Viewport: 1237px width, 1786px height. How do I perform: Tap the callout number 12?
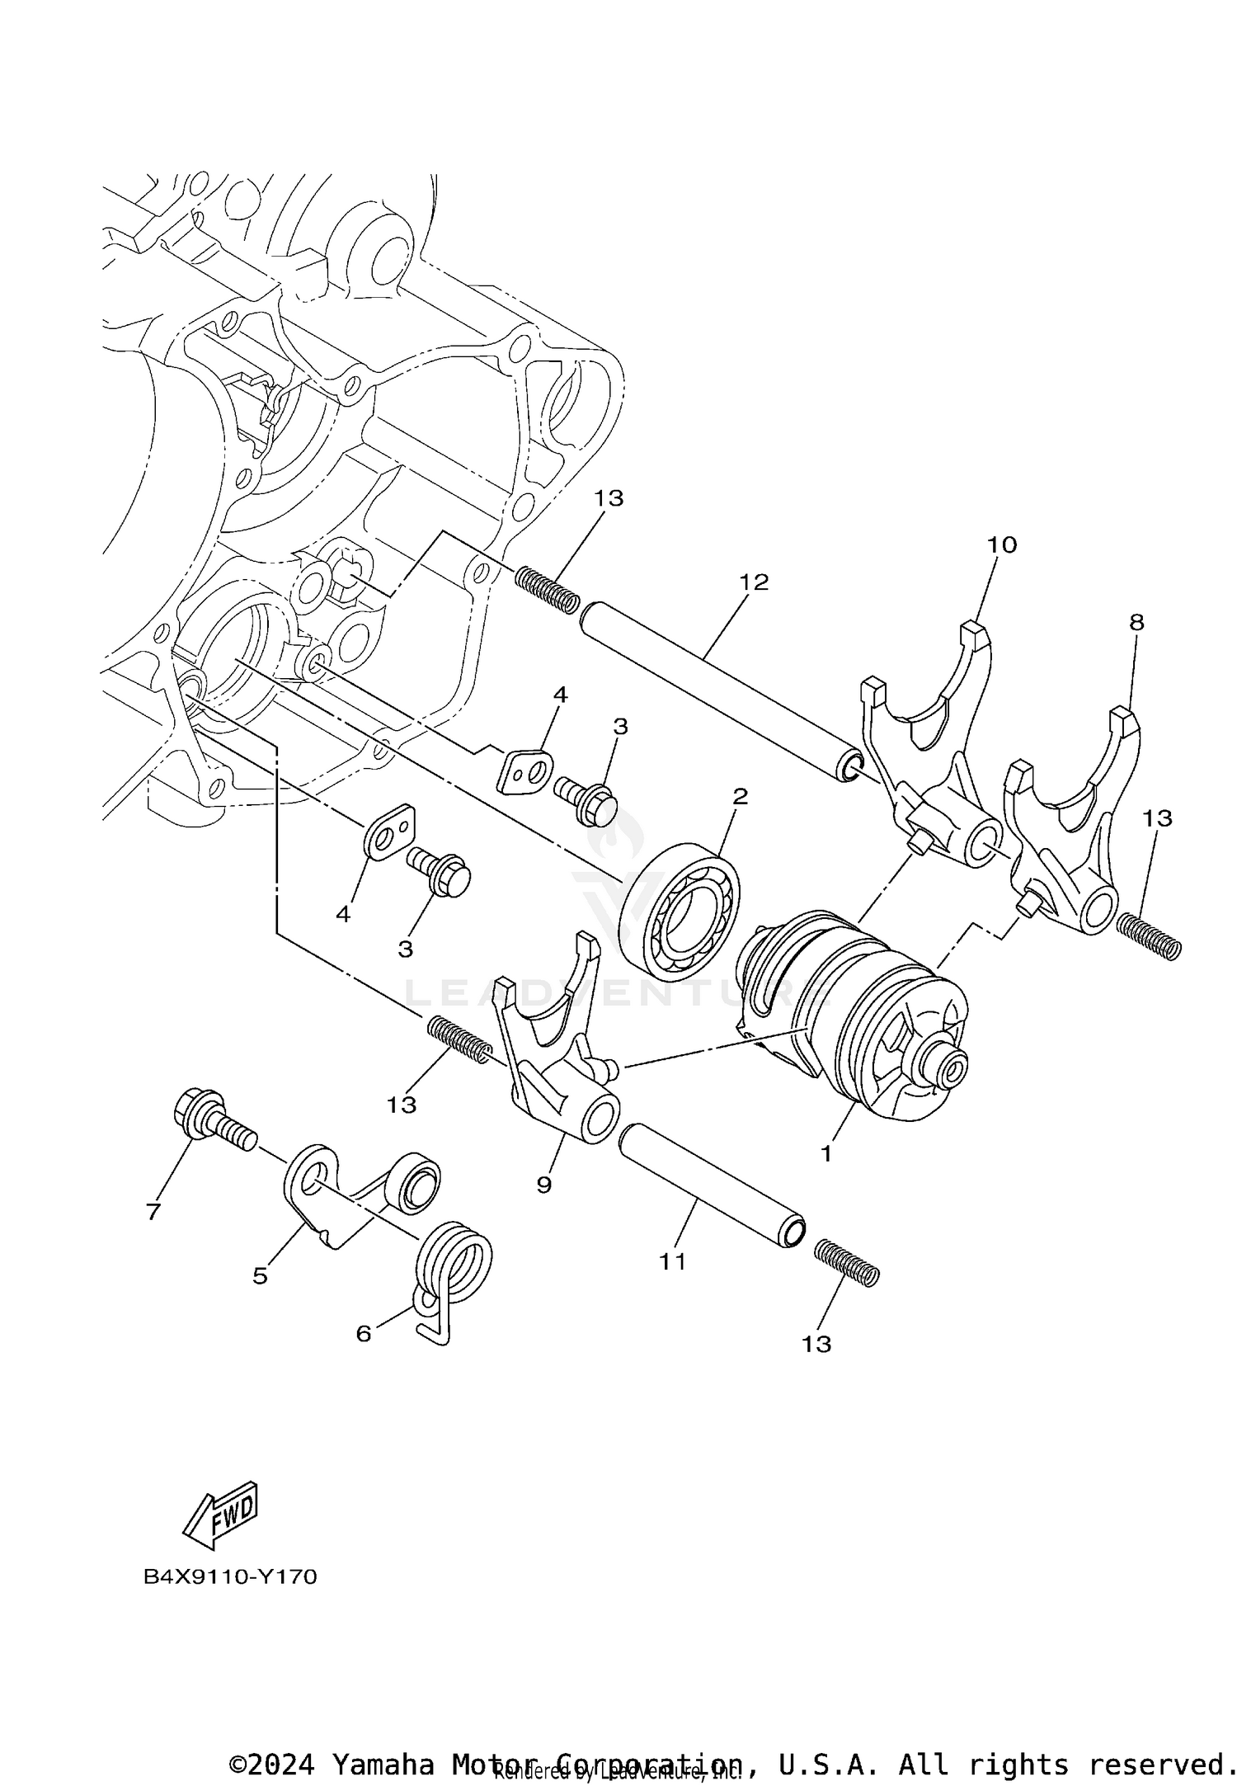point(753,582)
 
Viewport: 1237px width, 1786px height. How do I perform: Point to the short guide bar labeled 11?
point(709,1188)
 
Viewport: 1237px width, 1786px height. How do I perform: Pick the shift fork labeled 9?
point(553,1048)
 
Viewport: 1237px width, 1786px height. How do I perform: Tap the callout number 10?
point(1001,544)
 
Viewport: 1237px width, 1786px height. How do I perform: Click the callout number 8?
point(1136,623)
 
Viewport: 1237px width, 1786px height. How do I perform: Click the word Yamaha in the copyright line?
point(383,1758)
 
